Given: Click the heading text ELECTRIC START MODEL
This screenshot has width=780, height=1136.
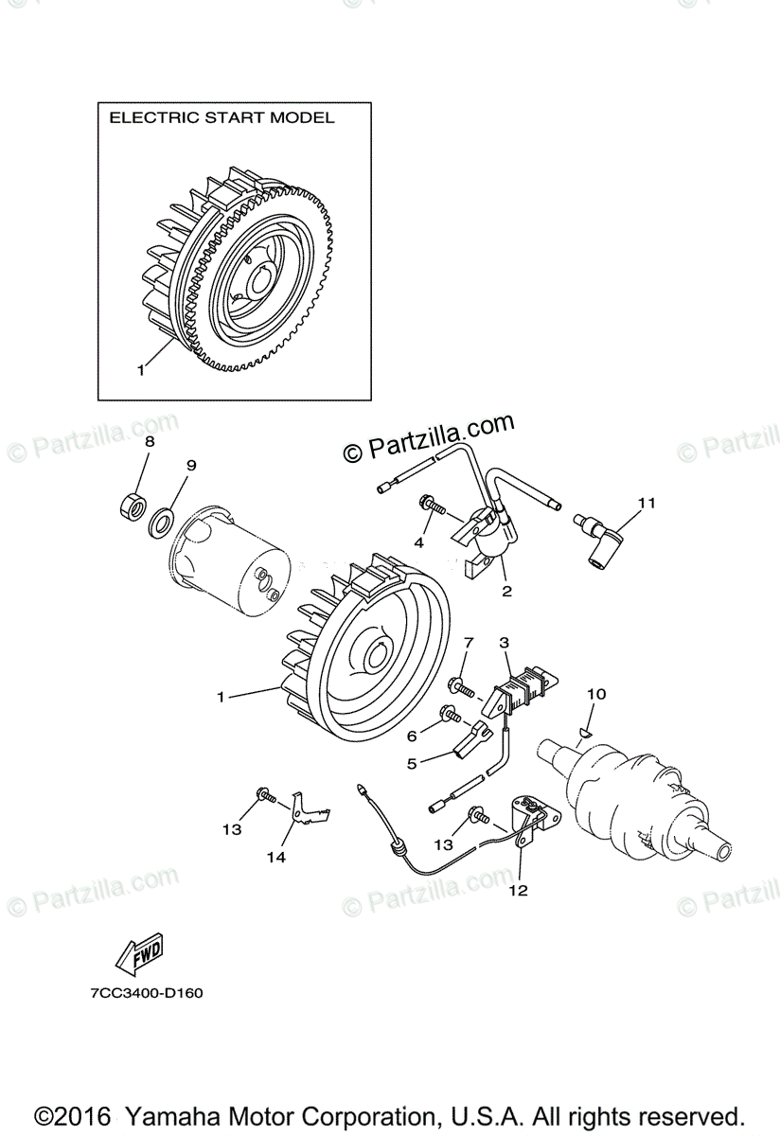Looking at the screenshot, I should coord(222,118).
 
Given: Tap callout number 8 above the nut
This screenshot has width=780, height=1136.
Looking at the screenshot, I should coord(150,442).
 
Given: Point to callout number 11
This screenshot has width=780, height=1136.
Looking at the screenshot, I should coord(646,503).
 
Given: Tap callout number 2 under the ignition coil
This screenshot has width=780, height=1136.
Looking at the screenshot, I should coord(506,592).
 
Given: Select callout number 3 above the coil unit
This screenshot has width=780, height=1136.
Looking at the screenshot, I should coord(505,644).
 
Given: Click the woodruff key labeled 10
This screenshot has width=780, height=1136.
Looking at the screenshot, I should coord(583,729).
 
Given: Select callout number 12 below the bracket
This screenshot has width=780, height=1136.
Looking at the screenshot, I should coord(519,890).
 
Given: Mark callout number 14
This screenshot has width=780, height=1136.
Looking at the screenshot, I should coord(275,858).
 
